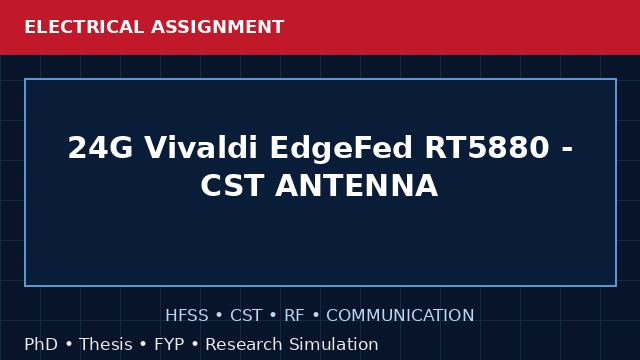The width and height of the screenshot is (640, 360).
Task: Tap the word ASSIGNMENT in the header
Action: pos(218,27)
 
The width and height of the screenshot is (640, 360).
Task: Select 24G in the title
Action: pos(100,147)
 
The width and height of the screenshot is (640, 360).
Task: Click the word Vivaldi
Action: pos(201,147)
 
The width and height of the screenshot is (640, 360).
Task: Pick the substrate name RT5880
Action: pos(487,147)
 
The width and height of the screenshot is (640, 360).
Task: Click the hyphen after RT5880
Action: pos(567,149)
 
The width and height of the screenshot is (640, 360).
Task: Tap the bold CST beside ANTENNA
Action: pos(232,185)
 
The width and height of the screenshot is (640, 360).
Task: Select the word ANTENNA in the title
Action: pos(357,185)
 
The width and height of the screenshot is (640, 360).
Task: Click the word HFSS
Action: pos(187,315)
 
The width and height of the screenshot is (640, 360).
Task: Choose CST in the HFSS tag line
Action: pos(246,315)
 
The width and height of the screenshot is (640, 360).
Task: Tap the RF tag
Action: pos(294,315)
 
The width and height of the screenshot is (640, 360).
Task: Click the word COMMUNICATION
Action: pos(400,315)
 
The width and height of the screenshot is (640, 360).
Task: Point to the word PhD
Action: pos(41,344)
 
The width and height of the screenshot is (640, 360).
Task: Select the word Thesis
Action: pos(106,344)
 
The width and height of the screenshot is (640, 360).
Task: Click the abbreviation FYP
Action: pos(169,344)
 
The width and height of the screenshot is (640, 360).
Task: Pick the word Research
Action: pos(244,344)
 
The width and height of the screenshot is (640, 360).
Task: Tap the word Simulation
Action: pos(334,344)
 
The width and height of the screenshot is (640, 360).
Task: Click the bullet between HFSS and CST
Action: pos(219,316)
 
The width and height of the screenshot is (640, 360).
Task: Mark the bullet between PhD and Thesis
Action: pos(69,344)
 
